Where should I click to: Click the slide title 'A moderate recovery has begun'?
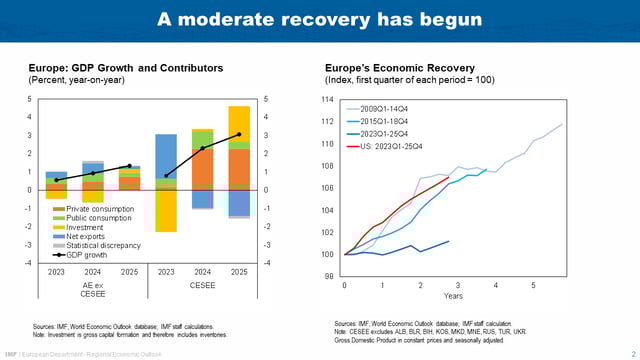320,19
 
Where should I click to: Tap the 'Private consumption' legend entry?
99,208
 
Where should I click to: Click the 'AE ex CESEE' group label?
93,290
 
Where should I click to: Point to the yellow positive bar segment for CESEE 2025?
239,127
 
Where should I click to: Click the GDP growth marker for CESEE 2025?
239,134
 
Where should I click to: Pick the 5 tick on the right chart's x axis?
532,285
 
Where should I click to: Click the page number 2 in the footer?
633,353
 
